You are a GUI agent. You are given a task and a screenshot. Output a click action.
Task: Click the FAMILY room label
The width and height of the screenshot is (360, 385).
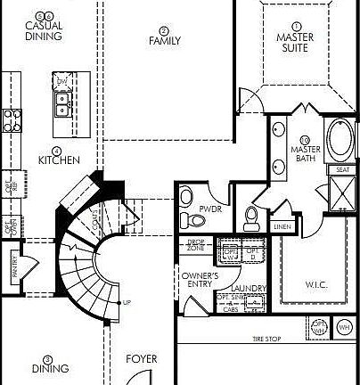click(164, 40)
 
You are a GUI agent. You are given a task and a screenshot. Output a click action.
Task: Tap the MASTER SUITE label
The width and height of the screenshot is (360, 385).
click(296, 42)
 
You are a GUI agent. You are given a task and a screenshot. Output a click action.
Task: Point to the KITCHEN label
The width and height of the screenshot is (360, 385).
click(59, 160)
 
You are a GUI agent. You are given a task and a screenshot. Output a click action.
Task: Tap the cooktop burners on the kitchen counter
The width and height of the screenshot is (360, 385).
click(12, 119)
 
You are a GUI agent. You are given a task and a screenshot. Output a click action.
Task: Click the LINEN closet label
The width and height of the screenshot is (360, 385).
click(283, 226)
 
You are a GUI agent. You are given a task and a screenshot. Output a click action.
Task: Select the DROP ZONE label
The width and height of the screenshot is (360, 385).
click(196, 245)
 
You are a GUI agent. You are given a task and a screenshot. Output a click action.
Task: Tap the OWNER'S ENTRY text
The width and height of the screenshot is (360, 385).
click(200, 282)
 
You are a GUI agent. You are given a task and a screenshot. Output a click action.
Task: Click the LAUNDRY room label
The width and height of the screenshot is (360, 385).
click(249, 288)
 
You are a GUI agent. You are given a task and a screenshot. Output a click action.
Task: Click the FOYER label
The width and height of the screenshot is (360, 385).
click(142, 359)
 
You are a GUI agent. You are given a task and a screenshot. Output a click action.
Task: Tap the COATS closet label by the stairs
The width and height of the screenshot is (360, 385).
click(94, 221)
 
